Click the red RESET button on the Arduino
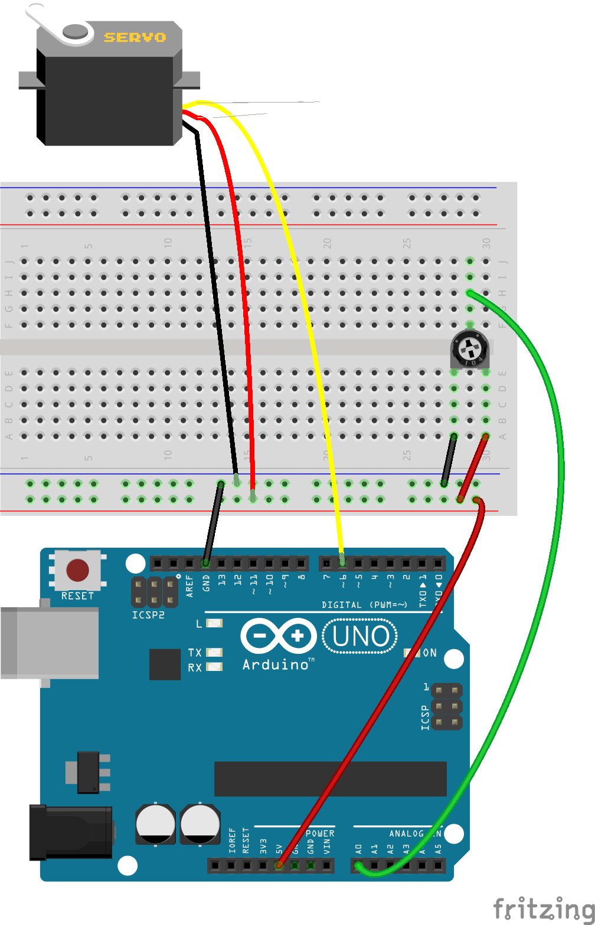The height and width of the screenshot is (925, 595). tap(77, 570)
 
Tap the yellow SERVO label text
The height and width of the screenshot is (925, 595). tap(135, 38)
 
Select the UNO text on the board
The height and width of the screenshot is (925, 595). tap(360, 636)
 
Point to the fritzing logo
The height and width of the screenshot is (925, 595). tap(543, 908)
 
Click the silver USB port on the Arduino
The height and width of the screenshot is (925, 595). tap(50, 643)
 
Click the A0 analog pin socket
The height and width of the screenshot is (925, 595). tap(358, 865)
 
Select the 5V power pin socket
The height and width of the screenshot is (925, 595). tap(279, 865)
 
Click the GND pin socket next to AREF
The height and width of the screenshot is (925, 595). tap(205, 563)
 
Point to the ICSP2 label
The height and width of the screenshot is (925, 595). tap(148, 615)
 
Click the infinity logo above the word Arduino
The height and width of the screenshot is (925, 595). tap(278, 636)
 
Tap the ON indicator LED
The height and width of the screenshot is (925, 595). tap(408, 653)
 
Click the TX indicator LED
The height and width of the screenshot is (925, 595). tap(214, 652)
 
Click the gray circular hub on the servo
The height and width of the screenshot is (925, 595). tap(76, 31)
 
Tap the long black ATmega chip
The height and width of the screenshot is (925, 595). tap(330, 779)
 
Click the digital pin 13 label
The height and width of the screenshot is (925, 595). tap(222, 580)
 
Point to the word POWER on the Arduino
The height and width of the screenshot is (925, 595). tap(320, 834)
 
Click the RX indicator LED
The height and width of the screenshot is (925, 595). tap(214, 667)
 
